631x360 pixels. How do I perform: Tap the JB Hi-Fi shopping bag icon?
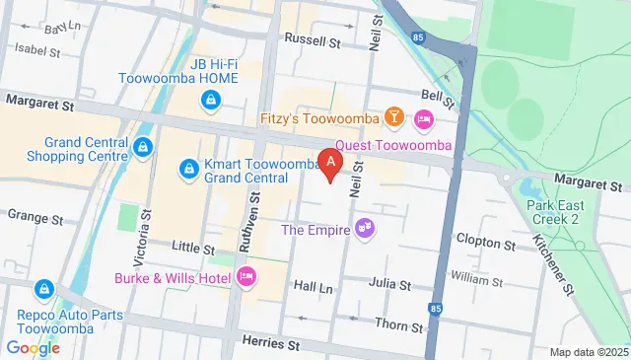coord(210,100)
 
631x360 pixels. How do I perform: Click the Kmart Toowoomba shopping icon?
coord(187,170)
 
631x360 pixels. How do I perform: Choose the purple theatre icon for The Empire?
coord(364,229)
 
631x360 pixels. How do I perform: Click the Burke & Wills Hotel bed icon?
coord(246,277)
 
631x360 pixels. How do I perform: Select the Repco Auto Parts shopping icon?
coord(43,289)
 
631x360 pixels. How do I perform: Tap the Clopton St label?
coord(481,239)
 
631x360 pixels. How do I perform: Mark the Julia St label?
coord(389,284)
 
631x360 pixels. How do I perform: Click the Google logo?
coord(33,347)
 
